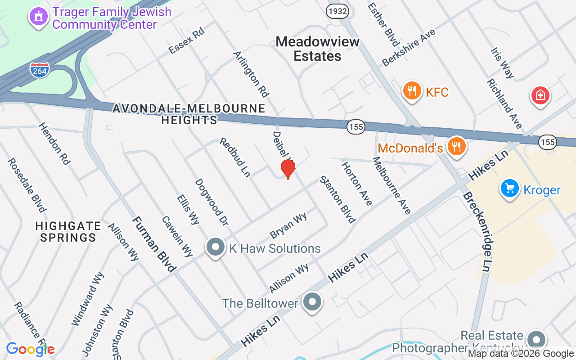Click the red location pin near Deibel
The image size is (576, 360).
pos(288,169)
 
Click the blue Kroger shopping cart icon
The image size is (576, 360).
pos(510,189)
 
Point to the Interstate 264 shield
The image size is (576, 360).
pos(40,70)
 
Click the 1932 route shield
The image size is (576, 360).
pos(337,11)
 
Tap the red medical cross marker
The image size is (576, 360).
pos(540,95)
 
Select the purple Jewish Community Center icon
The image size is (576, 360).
pos(38,17)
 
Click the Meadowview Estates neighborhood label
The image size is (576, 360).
pos(318,49)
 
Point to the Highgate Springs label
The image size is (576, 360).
pos(68,231)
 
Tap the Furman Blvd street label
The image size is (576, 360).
pos(154,244)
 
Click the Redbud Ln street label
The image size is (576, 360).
pos(234,157)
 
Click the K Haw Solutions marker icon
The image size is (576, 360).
pos(216,247)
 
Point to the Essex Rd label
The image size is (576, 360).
pos(186,41)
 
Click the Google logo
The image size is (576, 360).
pos(30,349)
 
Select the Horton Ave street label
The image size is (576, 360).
pos(357,184)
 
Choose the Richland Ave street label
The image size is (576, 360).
pos(504,104)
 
